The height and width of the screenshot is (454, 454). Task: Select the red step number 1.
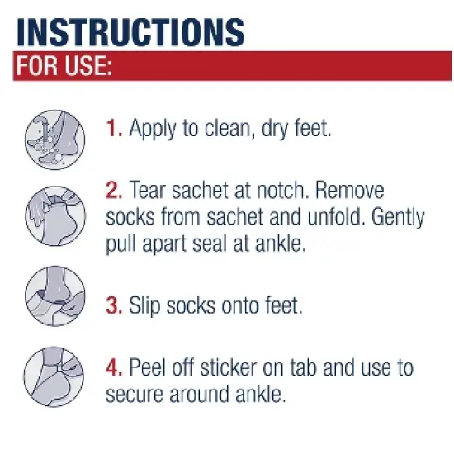[114, 130]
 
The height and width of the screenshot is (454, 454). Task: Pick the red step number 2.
[114, 191]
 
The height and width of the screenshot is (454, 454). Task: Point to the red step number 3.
[114, 305]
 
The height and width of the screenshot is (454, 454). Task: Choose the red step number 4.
[114, 367]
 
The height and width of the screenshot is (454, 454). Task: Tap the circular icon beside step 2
[50, 214]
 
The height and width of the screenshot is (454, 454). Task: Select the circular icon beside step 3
[50, 296]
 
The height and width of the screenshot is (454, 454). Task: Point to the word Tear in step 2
[148, 191]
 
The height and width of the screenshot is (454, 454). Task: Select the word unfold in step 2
[328, 218]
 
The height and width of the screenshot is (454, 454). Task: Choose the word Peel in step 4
[149, 367]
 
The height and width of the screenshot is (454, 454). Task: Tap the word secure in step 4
[135, 394]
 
